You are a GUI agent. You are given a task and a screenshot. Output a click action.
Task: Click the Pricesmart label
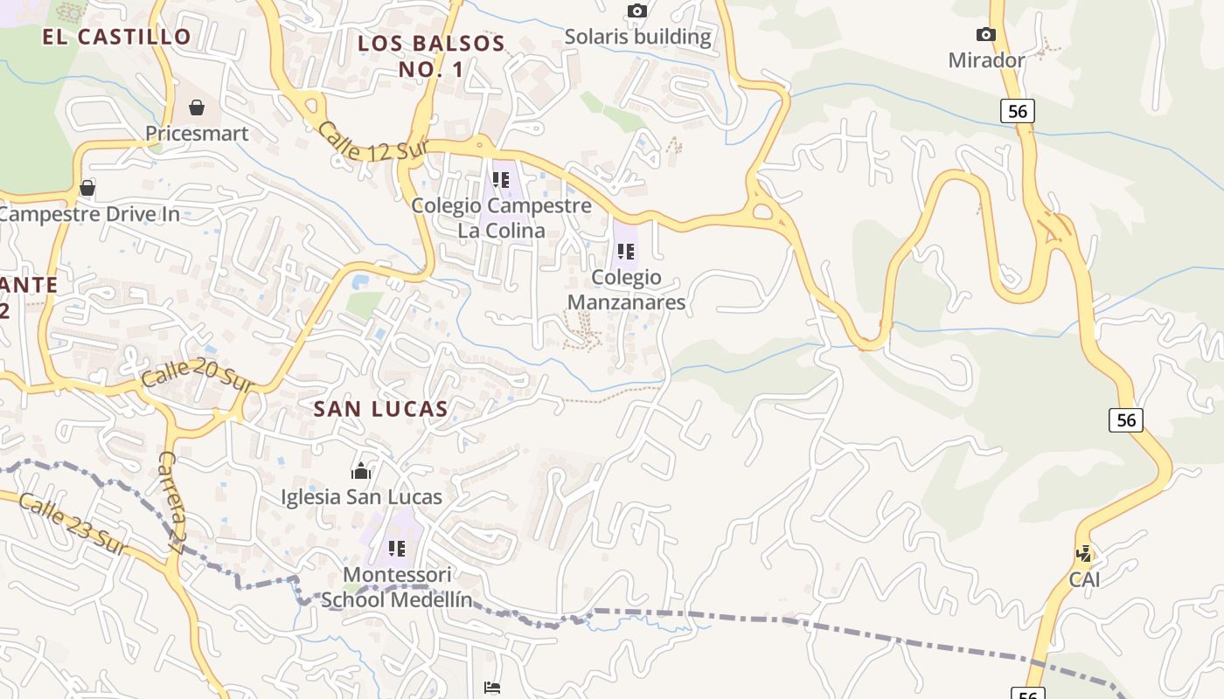(197, 134)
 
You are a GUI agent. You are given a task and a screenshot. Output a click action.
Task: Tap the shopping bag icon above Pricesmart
(197, 107)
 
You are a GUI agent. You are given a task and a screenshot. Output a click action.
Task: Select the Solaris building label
(637, 37)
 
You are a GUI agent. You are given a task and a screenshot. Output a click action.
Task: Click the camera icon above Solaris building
(637, 11)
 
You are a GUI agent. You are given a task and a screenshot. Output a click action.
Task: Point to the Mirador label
(986, 60)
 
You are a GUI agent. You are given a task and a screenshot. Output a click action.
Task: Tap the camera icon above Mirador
(986, 34)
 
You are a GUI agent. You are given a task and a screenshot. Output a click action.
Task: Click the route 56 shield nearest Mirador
(1018, 111)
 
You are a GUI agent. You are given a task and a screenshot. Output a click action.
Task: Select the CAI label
(1084, 579)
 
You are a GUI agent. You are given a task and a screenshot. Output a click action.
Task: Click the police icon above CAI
(1084, 553)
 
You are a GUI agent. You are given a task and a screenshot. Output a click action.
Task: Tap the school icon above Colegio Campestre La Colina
(501, 180)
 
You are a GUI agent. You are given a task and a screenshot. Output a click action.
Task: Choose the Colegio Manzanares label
(626, 290)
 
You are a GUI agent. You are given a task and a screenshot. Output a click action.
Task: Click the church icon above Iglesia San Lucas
(361, 472)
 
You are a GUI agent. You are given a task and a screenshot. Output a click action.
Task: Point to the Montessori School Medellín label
(397, 587)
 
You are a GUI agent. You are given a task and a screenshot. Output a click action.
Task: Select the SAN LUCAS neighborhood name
(380, 408)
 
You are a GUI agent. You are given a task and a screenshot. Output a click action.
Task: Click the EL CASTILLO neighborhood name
(116, 37)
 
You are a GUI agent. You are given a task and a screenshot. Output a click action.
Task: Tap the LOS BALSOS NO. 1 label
(432, 56)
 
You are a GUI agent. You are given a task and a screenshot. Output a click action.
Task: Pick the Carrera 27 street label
(170, 503)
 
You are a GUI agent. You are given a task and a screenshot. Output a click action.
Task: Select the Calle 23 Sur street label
(73, 524)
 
